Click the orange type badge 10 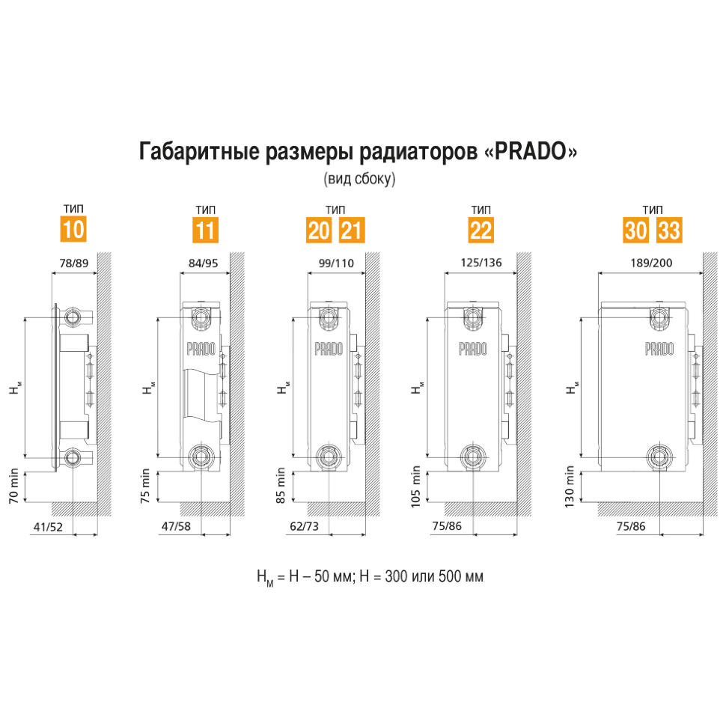tap(73, 229)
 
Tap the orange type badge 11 tap(206, 230)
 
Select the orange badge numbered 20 tap(319, 230)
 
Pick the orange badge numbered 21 tap(352, 230)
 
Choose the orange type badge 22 tap(481, 230)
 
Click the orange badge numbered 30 tap(635, 230)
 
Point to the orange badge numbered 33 tap(670, 230)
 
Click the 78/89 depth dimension tap(74, 263)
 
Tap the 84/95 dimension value tap(204, 263)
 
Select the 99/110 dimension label tap(336, 263)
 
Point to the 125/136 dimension tap(481, 263)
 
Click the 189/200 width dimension tap(651, 263)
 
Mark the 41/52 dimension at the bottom tap(48, 526)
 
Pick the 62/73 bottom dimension tap(304, 526)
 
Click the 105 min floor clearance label tap(415, 486)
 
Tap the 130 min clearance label tap(570, 486)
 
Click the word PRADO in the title tap(531, 151)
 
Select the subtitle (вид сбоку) tap(359, 179)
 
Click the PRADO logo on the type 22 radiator tap(473, 349)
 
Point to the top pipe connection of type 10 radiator tap(73, 317)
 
